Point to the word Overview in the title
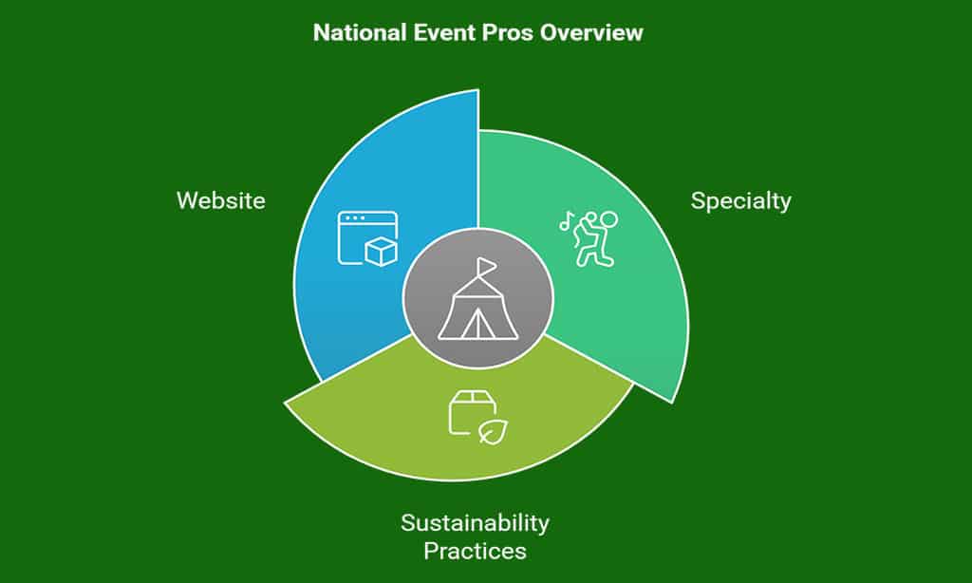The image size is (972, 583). pyautogui.click(x=590, y=32)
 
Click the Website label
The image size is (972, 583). pyautogui.click(x=220, y=200)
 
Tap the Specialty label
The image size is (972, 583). pyautogui.click(x=740, y=201)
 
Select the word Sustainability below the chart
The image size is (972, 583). pyautogui.click(x=475, y=523)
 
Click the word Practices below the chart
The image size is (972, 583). pyautogui.click(x=475, y=551)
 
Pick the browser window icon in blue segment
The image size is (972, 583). pyautogui.click(x=367, y=238)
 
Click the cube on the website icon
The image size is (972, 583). pyautogui.click(x=381, y=252)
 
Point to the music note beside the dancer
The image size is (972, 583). pyautogui.click(x=567, y=221)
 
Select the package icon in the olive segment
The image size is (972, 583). pyautogui.click(x=478, y=416)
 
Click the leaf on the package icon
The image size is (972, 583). pyautogui.click(x=494, y=431)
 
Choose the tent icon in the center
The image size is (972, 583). pyautogui.click(x=478, y=299)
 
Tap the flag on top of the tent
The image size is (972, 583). pyautogui.click(x=487, y=267)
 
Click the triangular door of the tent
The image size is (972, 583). pyautogui.click(x=477, y=325)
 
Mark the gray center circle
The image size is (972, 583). pyautogui.click(x=478, y=298)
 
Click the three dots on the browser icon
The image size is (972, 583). pyautogui.click(x=355, y=218)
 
